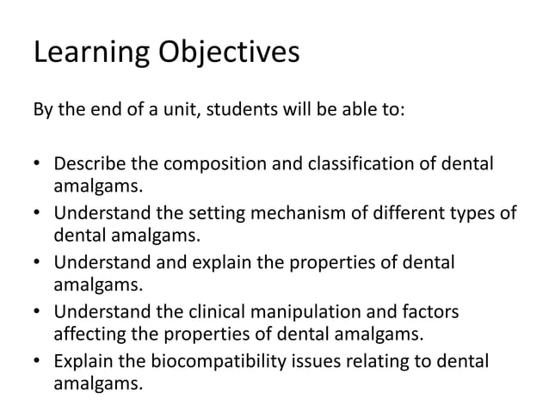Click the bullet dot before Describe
click(37, 164)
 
